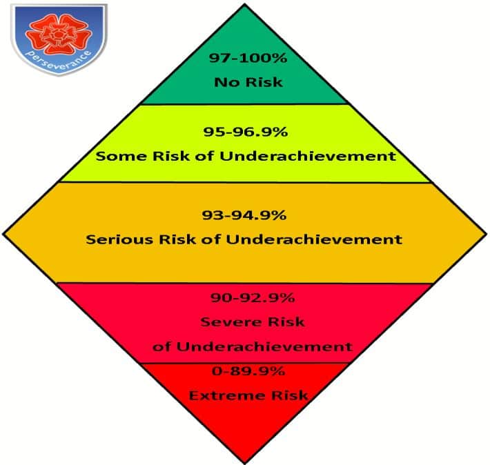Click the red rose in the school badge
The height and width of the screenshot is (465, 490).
(x=58, y=34)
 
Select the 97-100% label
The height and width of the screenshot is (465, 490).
(x=248, y=58)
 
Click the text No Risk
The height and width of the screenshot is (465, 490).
(x=248, y=82)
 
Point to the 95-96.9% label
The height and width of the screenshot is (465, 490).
(x=245, y=132)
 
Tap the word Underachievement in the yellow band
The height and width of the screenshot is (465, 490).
(x=308, y=156)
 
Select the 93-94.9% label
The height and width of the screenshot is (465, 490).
(x=244, y=215)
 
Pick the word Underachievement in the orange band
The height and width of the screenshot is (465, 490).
(x=314, y=239)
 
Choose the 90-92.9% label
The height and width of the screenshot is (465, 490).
(x=253, y=297)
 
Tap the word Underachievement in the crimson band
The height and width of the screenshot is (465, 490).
(x=265, y=346)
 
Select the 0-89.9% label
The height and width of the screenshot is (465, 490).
(x=248, y=371)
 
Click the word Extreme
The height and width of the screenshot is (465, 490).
(x=228, y=395)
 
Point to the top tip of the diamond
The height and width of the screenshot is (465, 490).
(x=245, y=3)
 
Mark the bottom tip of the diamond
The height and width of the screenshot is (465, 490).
(x=245, y=464)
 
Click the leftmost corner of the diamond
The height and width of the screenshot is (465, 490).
(x=3, y=233)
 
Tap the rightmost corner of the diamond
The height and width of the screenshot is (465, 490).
(x=487, y=233)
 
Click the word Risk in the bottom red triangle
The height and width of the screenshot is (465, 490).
(x=290, y=395)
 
